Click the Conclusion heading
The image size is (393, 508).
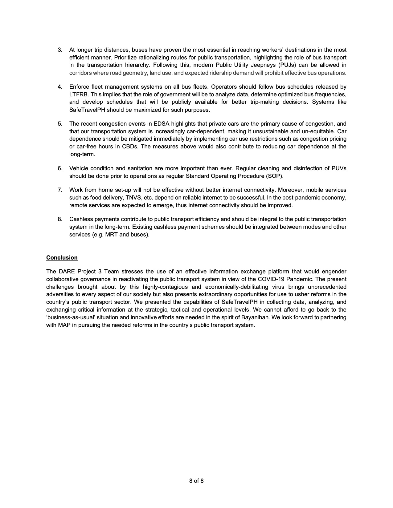(62, 257)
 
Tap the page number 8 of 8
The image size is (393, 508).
(196, 481)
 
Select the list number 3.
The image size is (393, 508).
(60, 50)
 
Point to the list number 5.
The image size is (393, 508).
(60, 124)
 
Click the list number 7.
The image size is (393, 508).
(60, 190)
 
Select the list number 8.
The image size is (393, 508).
(60, 219)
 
